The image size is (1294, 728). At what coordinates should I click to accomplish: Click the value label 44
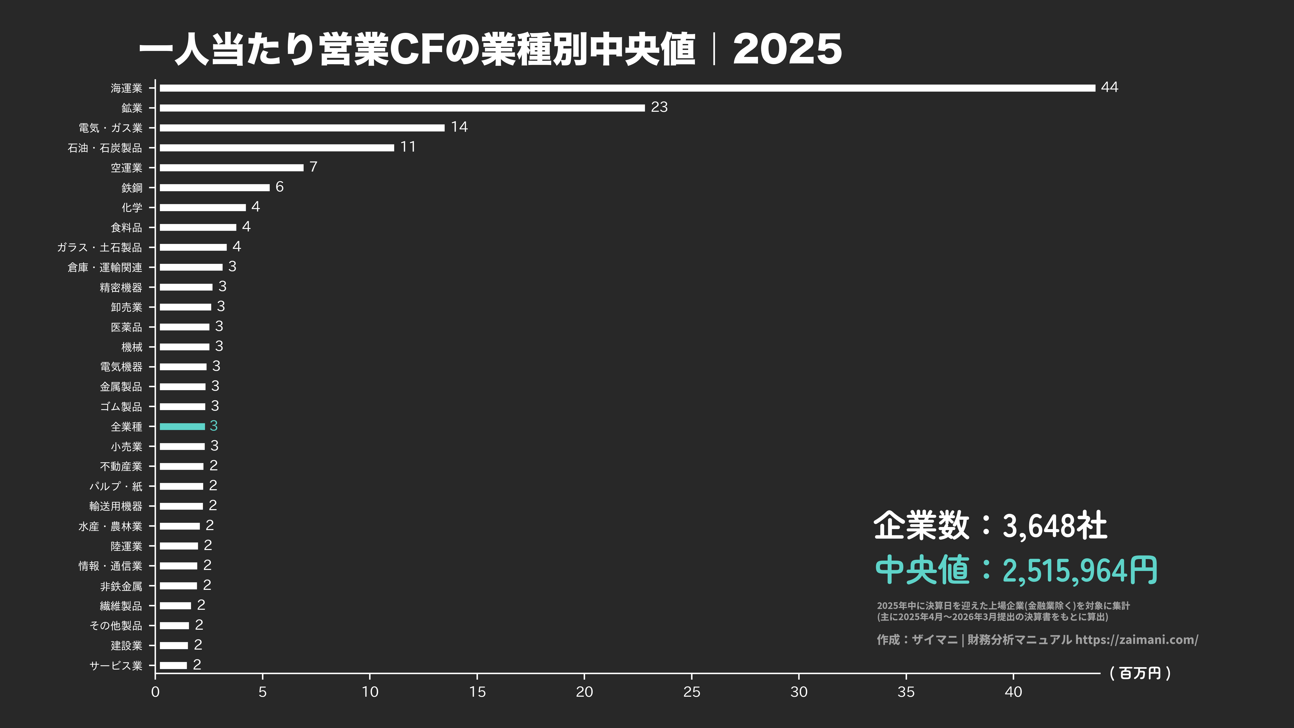tap(1109, 87)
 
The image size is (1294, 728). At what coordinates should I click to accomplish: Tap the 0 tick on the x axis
tap(155, 692)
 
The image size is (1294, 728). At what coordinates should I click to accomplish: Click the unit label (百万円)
tap(1140, 673)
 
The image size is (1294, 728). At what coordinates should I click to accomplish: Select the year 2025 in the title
tap(787, 49)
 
